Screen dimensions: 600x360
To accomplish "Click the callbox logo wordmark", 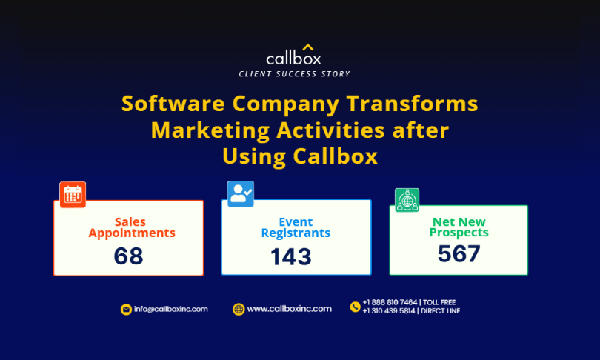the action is pyautogui.click(x=293, y=59).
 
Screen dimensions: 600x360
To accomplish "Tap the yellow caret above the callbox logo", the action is pyautogui.click(x=308, y=47).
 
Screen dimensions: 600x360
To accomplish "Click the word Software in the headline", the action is pyautogui.click(x=173, y=104).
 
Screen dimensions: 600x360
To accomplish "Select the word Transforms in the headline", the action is pyautogui.click(x=412, y=104).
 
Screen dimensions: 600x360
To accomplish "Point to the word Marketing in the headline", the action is pyautogui.click(x=210, y=130).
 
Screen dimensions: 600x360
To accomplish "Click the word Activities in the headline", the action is pyautogui.click(x=330, y=130).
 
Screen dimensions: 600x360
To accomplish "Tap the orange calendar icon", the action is pyautogui.click(x=73, y=195).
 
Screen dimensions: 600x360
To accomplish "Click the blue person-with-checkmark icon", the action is pyautogui.click(x=241, y=194).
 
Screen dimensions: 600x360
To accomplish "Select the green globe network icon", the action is pyautogui.click(x=407, y=200).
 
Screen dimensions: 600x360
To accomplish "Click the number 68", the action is pyautogui.click(x=129, y=256).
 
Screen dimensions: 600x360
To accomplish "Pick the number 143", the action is pyautogui.click(x=291, y=257).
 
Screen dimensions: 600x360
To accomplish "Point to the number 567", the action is pyautogui.click(x=459, y=253).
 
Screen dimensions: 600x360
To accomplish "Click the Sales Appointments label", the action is pyautogui.click(x=132, y=227).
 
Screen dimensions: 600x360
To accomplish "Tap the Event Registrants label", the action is pyautogui.click(x=296, y=227).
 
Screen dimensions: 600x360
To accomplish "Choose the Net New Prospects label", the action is pyautogui.click(x=459, y=227).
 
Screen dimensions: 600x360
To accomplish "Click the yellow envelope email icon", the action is pyautogui.click(x=126, y=309).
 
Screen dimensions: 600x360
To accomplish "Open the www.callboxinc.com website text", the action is pyautogui.click(x=290, y=309).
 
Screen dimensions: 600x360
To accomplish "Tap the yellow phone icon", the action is pyautogui.click(x=355, y=307).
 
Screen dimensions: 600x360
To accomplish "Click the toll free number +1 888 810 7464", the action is pyautogui.click(x=390, y=302).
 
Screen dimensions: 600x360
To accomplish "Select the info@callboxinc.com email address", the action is pyautogui.click(x=170, y=309).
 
